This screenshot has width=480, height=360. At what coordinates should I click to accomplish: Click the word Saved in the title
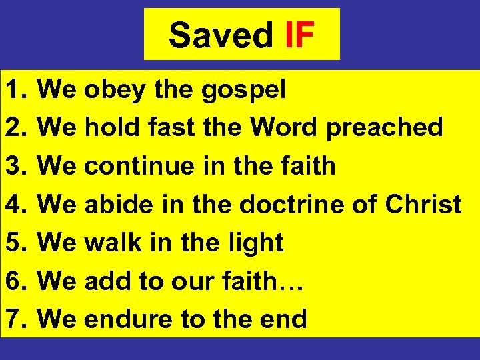click(220, 35)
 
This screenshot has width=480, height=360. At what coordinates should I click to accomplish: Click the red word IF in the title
click(299, 35)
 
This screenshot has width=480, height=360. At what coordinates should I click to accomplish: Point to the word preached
click(385, 127)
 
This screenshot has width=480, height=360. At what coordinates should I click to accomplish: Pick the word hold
click(112, 127)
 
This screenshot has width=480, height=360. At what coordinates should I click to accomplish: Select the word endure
click(129, 319)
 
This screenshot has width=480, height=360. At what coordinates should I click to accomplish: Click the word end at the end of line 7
click(285, 319)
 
